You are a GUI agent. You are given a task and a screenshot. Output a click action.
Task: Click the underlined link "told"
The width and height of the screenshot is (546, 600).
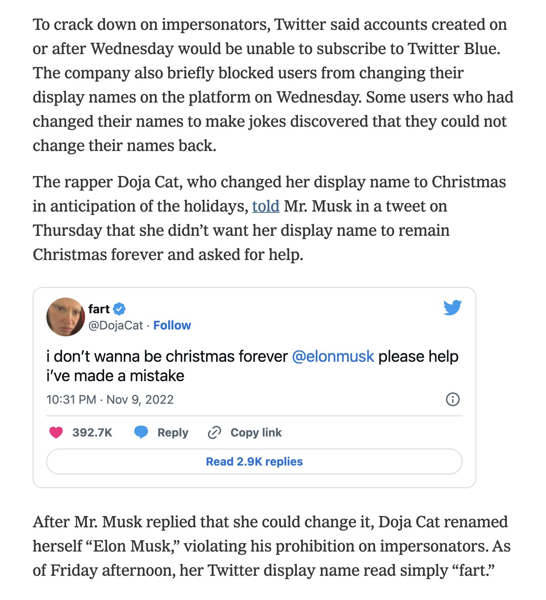point(266,206)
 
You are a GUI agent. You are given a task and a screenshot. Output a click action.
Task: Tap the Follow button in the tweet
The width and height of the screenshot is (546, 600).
point(172,325)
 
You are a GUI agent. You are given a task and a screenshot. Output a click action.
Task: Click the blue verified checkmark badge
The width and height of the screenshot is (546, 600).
point(119,309)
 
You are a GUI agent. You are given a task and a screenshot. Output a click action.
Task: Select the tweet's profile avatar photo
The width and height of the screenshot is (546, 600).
point(66,317)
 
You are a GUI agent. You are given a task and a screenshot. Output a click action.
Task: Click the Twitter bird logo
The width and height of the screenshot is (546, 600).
point(452,308)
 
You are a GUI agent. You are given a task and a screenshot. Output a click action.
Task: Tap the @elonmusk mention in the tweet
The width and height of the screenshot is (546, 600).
point(333,357)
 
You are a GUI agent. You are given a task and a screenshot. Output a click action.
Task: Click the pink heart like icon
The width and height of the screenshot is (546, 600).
point(56,432)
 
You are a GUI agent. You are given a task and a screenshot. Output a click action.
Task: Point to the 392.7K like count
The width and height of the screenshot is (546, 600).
point(92,432)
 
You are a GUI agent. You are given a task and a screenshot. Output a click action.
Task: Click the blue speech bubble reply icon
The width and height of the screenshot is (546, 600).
point(141,432)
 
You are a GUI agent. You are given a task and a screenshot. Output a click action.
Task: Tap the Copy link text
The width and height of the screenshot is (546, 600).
point(256,432)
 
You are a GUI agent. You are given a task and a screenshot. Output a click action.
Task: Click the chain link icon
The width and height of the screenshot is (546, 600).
point(214,432)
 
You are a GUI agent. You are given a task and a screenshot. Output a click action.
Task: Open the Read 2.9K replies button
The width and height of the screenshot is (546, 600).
point(254,462)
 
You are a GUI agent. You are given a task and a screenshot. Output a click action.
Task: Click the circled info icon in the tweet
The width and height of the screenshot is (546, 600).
point(452,399)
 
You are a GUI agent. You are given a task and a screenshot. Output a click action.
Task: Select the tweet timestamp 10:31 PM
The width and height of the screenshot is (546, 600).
point(71,400)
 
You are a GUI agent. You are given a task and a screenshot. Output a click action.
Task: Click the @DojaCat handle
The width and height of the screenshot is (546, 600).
point(116,325)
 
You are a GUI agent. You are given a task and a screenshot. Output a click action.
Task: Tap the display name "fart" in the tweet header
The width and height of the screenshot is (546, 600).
point(99,309)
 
